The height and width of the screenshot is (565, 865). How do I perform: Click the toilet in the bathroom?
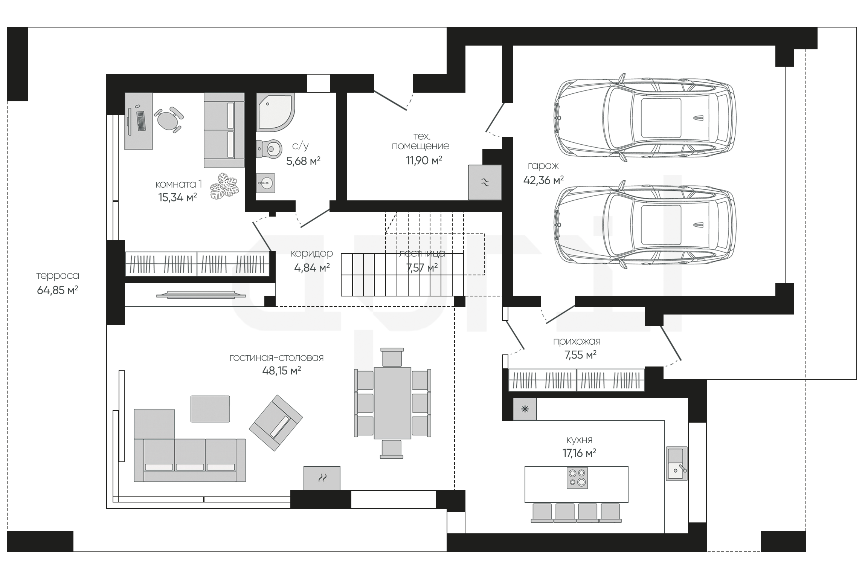click(269, 148)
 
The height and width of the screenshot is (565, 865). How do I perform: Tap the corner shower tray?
click(275, 112)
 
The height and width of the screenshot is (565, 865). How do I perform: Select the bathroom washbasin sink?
click(265, 183)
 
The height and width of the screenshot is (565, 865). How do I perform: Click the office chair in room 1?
click(169, 119)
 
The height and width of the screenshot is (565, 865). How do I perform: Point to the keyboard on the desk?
click(141, 121)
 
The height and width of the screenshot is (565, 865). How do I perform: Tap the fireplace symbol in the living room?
click(322, 478)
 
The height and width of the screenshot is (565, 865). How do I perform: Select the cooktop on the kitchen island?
click(577, 478)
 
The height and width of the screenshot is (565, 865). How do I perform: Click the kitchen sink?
click(677, 463)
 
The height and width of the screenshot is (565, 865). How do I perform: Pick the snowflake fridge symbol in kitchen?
click(525, 409)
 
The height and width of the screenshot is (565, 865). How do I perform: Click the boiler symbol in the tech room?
click(485, 182)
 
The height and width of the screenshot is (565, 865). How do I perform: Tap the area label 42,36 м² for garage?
click(543, 180)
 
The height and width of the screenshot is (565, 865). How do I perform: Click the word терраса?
click(58, 276)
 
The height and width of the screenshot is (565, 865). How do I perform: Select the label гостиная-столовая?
click(277, 357)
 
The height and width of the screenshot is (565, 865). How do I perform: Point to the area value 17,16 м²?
click(579, 453)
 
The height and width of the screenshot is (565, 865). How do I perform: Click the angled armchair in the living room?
click(276, 423)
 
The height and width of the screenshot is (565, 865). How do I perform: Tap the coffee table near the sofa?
click(210, 409)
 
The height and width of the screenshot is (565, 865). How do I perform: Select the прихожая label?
click(577, 342)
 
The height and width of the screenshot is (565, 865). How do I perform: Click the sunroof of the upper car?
click(661, 118)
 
